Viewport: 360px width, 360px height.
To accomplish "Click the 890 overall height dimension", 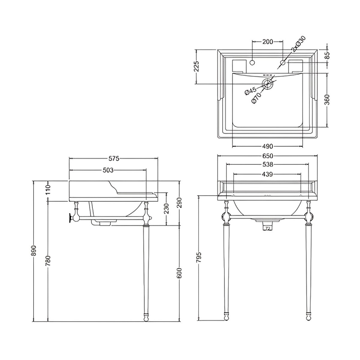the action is pos(34,251).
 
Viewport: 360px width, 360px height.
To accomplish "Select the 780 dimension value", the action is pos(48,261).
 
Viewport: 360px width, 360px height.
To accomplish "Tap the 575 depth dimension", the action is pos(114,158).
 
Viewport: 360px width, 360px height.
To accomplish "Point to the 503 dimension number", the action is pos(108,170).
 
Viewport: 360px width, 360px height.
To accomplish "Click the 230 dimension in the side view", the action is pos(166,208).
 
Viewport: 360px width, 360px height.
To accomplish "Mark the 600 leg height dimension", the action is pos(180,273).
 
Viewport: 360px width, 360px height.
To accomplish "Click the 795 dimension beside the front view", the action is pos(199,257).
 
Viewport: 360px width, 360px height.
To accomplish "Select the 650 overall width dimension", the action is pos(268,156).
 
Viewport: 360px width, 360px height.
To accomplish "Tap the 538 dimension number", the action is pos(268,164).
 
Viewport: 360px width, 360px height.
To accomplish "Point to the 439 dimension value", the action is pos(267,175).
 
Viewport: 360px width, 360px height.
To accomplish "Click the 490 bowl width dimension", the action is pos(268,146).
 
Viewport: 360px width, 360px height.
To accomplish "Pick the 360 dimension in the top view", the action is pos(328,99).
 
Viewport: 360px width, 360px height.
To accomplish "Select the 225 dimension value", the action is pos(197,67).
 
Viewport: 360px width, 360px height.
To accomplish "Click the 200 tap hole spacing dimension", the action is pos(268,42).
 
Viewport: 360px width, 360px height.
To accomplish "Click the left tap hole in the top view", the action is pos(252,63).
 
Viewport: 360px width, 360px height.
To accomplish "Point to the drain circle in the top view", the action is pos(267,84).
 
